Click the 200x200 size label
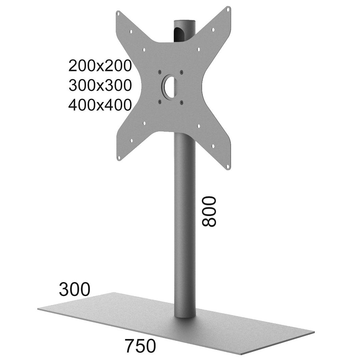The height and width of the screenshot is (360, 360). click(100, 66)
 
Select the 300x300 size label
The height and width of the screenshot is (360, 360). click(100, 86)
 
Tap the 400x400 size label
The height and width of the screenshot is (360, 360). click(100, 105)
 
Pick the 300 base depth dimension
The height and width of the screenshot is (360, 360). click(74, 289)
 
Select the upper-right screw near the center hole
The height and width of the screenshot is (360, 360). click(182, 71)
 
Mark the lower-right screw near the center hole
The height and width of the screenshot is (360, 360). click(182, 102)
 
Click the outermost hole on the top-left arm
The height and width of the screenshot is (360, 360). click(118, 13)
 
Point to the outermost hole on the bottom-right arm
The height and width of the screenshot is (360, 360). click(228, 165)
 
